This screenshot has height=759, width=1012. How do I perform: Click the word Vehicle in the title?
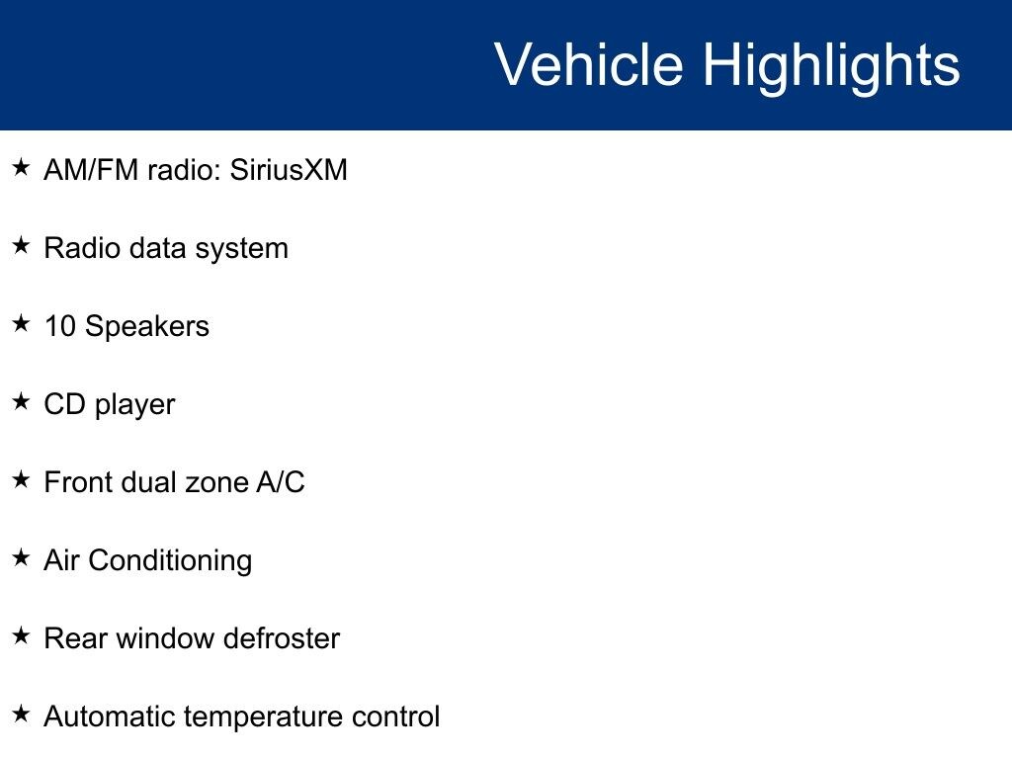[589, 64]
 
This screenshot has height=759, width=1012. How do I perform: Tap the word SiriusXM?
[289, 170]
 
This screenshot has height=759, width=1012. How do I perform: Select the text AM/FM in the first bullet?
[91, 170]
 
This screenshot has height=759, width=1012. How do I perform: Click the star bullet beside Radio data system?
[21, 245]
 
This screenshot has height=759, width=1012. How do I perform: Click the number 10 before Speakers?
[60, 326]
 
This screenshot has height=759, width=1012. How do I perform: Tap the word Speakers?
[147, 326]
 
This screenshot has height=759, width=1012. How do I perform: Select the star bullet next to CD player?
[21, 401]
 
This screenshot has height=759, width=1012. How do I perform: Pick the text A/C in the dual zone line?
[281, 482]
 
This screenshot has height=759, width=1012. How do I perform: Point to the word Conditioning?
[170, 561]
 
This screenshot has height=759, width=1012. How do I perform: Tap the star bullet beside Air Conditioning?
[21, 557]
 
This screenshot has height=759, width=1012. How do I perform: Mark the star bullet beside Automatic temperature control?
[21, 714]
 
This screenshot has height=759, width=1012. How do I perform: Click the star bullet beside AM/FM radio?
[21, 167]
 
